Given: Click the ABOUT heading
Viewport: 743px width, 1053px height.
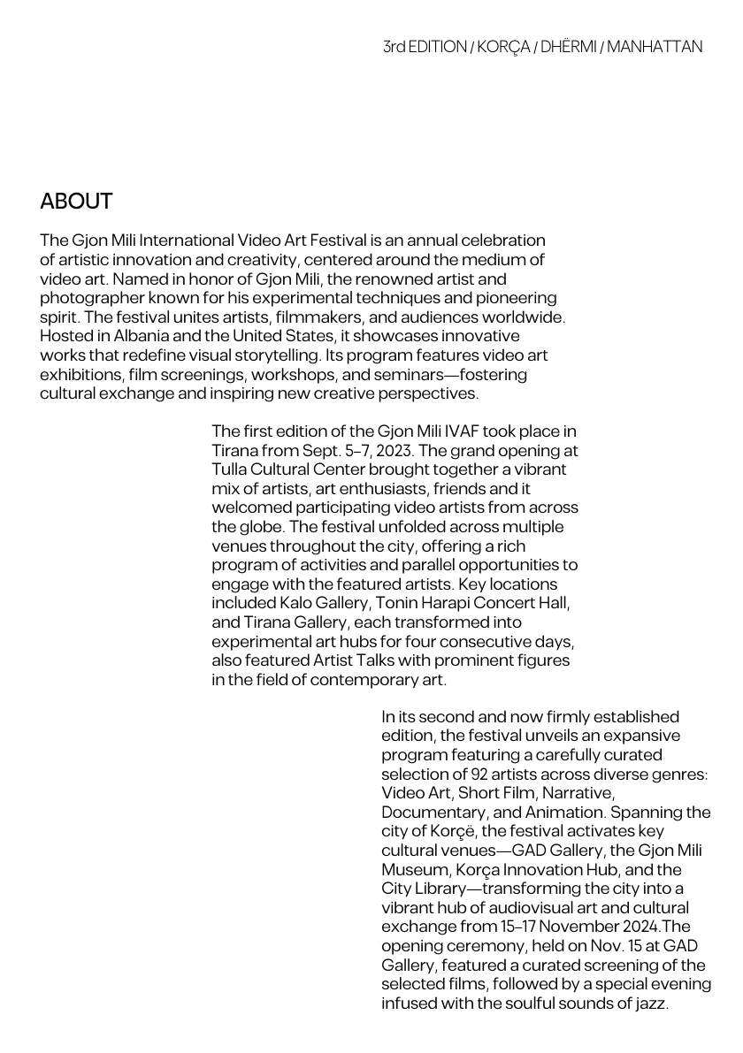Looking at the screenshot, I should (x=76, y=202).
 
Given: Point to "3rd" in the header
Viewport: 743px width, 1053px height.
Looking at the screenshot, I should (x=394, y=47).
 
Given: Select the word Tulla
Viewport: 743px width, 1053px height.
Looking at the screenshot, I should (x=230, y=469).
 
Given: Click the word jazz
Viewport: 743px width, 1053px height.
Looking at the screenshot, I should (x=653, y=1004).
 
